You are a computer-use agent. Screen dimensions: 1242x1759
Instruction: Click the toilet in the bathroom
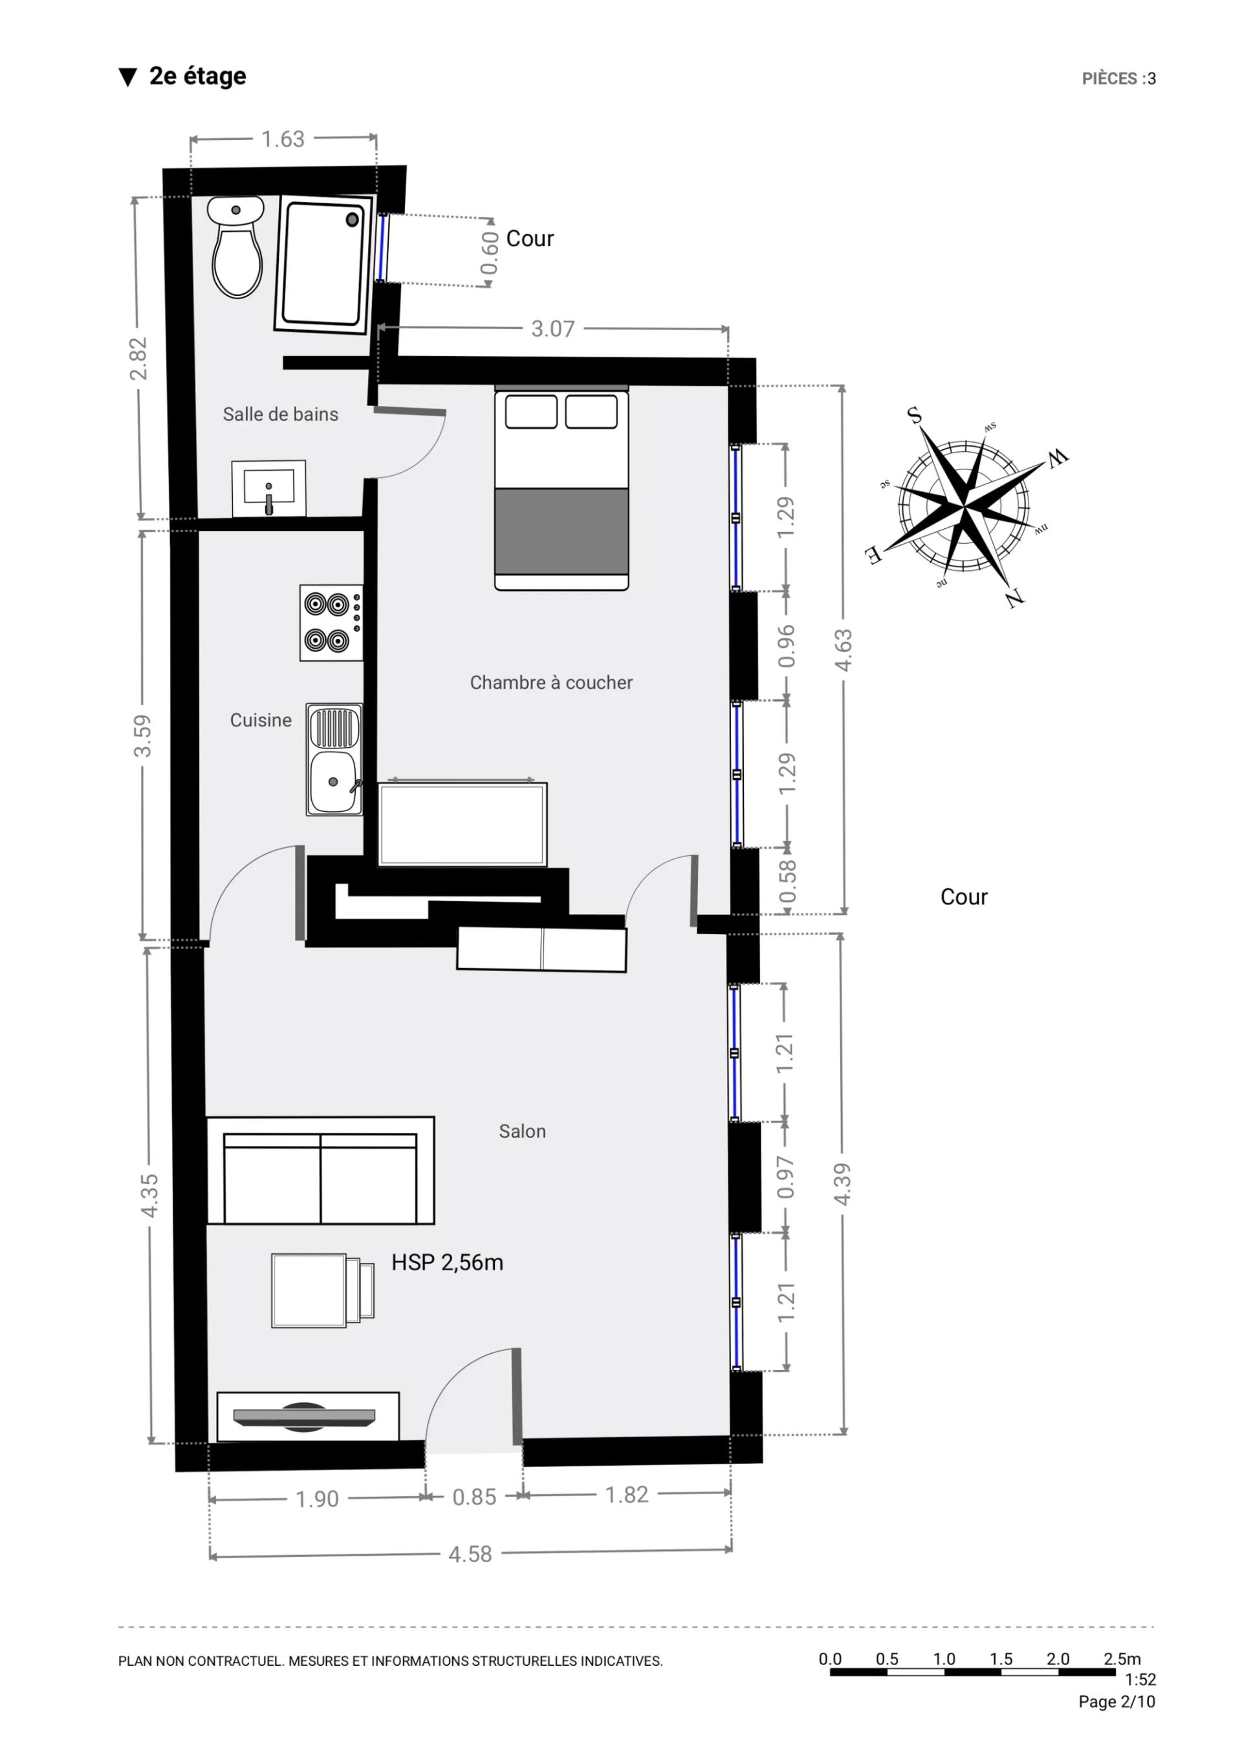(237, 247)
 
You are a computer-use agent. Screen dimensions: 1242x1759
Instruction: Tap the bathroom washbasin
(268, 489)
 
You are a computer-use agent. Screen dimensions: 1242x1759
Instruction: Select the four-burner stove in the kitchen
(331, 623)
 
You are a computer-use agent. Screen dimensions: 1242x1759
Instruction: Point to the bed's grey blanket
(561, 531)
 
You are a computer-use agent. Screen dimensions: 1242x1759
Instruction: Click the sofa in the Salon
(321, 1171)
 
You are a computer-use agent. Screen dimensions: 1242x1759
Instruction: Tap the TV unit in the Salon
(308, 1417)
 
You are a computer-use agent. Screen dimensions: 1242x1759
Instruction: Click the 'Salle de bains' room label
(280, 414)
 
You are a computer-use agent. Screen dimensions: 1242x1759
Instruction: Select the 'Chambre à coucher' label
(551, 682)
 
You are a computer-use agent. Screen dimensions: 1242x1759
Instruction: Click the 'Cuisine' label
(261, 720)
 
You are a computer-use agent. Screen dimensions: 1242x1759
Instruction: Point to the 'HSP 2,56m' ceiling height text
(447, 1262)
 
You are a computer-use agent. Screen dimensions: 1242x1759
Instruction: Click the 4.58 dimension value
(470, 1554)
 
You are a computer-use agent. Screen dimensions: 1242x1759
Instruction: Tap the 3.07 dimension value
(553, 329)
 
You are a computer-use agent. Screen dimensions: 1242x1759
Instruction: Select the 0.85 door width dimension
(474, 1497)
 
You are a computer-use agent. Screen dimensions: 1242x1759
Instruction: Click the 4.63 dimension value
(843, 651)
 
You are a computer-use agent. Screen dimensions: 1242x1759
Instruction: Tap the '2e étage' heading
(197, 76)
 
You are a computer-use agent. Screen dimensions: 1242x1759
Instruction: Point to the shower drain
(353, 220)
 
